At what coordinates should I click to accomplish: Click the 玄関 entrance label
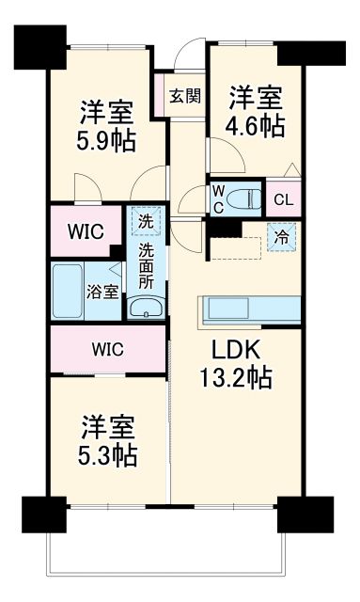(185, 95)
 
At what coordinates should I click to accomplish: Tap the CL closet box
(283, 199)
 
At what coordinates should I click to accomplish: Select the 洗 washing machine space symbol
(146, 222)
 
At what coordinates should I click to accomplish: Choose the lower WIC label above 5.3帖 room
(107, 349)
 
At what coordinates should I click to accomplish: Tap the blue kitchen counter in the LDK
(249, 309)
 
